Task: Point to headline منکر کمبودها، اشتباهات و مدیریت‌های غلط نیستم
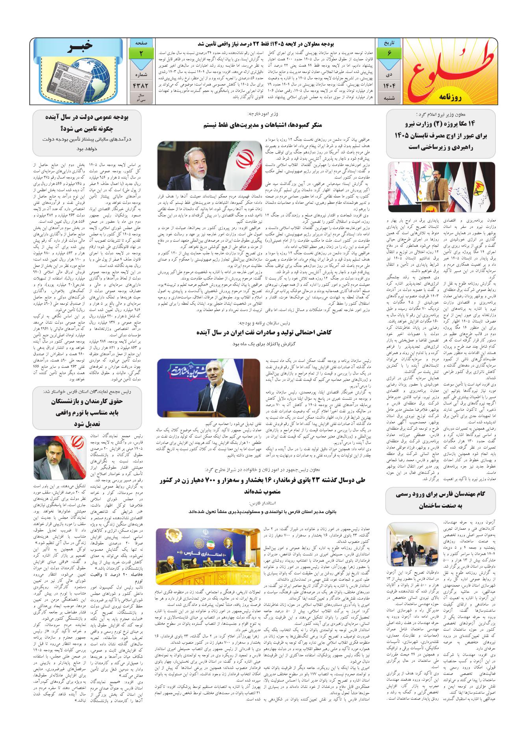pos(261,125)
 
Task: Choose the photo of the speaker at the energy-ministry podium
pos(441,187)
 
